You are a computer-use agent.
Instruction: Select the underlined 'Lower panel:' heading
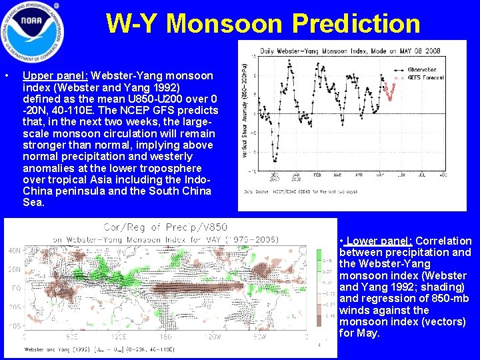[x=377, y=241]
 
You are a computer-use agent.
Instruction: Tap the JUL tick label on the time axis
[x=421, y=175]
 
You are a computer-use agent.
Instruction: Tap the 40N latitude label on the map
[x=14, y=251]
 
